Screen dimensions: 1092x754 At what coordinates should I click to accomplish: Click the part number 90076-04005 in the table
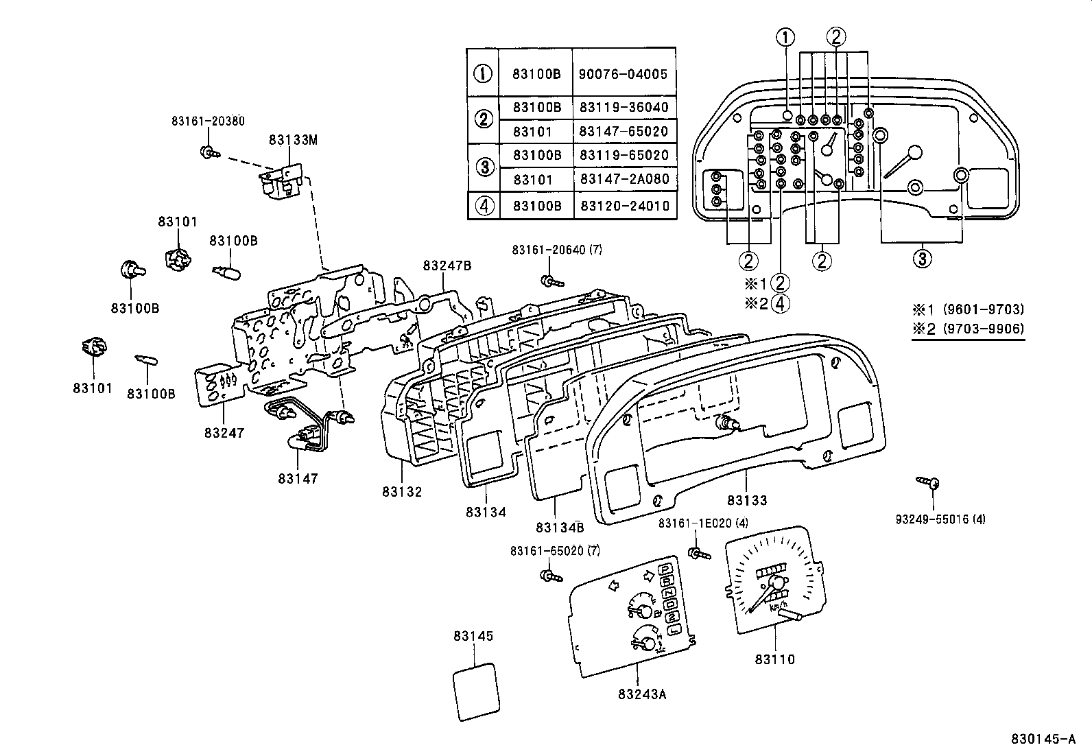click(x=623, y=74)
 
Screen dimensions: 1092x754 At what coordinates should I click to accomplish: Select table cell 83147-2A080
click(x=624, y=179)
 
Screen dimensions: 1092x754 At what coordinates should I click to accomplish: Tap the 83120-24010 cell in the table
click(x=625, y=206)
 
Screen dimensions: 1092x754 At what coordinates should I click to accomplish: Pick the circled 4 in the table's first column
click(x=484, y=206)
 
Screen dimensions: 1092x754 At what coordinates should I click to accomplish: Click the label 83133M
click(x=293, y=140)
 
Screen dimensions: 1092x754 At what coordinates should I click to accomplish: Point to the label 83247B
click(x=447, y=266)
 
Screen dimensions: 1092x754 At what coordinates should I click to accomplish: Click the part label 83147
click(x=298, y=479)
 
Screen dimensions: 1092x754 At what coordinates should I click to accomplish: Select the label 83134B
click(x=560, y=528)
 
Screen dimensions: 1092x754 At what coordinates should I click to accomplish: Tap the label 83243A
click(x=642, y=694)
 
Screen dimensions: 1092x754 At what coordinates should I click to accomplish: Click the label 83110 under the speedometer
click(x=774, y=659)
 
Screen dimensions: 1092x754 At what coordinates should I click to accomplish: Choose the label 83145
click(x=473, y=636)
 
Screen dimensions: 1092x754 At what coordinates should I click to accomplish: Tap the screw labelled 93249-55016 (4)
click(x=927, y=482)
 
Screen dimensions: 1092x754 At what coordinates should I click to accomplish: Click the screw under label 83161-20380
click(x=210, y=153)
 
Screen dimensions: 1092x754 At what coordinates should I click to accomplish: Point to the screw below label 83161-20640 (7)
click(x=552, y=281)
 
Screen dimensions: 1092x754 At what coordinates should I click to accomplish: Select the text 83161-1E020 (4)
click(x=703, y=523)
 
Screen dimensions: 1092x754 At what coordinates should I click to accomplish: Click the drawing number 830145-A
click(x=1043, y=740)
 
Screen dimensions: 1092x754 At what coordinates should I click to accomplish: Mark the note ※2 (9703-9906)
click(x=968, y=329)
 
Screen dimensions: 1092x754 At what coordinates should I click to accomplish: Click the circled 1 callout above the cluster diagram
click(x=785, y=37)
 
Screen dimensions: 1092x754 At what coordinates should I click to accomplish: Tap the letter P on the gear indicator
click(x=667, y=569)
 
